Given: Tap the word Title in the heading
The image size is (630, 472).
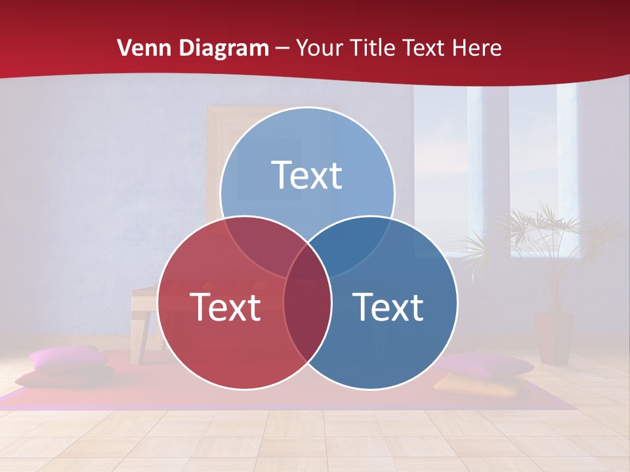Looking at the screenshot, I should pyautogui.click(x=373, y=48).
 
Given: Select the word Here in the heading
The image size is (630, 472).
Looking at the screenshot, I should pyautogui.click(x=477, y=48).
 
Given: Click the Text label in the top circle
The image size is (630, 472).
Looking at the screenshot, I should pyautogui.click(x=307, y=175).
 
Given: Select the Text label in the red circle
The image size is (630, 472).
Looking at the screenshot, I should pyautogui.click(x=225, y=307).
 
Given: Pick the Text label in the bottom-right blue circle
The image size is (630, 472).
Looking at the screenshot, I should pyautogui.click(x=388, y=307).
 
